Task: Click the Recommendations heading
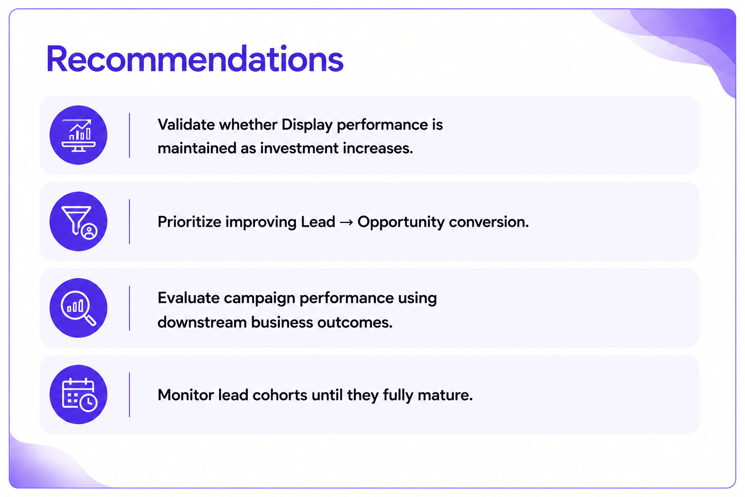[x=194, y=59]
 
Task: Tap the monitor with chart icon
[x=79, y=135]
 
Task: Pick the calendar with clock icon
[x=80, y=395]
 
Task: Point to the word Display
[x=307, y=125]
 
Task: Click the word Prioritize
[x=189, y=222]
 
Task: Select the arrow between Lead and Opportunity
[x=346, y=222]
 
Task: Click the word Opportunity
[x=401, y=222]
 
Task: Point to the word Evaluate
[x=188, y=298]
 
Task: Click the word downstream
[x=202, y=322]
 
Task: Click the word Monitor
[x=186, y=395]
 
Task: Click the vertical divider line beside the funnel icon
[x=130, y=222]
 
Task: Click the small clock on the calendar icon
[x=88, y=403]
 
